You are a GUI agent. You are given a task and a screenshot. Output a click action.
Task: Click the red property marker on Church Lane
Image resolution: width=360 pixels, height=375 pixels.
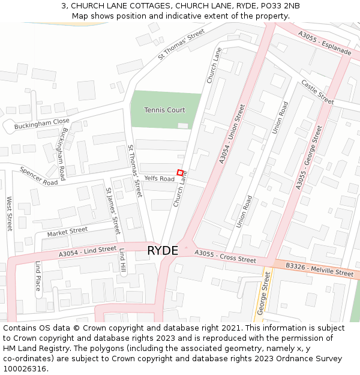click(x=179, y=173)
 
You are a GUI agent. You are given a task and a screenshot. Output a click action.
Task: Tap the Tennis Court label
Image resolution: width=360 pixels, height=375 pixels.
click(x=165, y=110)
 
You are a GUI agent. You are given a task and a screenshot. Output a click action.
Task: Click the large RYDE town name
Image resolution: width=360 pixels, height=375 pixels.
click(x=163, y=250)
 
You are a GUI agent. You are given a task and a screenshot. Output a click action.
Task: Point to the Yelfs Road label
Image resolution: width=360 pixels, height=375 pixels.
click(x=160, y=179)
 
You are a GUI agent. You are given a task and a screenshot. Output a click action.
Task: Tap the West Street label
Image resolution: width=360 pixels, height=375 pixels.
click(x=10, y=214)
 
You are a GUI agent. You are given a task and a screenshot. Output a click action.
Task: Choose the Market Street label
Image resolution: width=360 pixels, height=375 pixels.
click(x=67, y=231)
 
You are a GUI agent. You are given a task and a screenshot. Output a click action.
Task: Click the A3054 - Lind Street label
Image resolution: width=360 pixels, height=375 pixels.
click(x=88, y=252)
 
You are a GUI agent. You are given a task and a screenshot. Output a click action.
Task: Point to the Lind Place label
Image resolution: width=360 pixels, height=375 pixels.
click(x=37, y=276)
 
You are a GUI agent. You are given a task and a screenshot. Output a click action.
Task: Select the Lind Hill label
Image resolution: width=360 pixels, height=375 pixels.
click(x=122, y=260)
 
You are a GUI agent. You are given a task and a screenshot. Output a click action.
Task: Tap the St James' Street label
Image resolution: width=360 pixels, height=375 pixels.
click(x=113, y=211)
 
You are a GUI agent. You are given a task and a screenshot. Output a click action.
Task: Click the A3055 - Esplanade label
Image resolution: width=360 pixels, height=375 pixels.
click(x=325, y=42)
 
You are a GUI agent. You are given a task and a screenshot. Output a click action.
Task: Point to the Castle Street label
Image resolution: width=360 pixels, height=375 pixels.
click(x=317, y=92)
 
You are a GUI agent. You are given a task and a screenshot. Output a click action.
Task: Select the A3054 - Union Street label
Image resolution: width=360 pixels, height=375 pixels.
click(x=232, y=134)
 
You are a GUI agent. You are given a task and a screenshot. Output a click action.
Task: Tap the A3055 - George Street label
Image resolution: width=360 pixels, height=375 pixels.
click(x=309, y=157)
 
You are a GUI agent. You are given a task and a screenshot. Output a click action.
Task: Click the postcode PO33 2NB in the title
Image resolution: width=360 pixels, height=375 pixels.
click(x=280, y=6)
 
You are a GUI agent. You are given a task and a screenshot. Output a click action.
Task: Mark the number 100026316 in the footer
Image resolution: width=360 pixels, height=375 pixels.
click(x=25, y=368)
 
